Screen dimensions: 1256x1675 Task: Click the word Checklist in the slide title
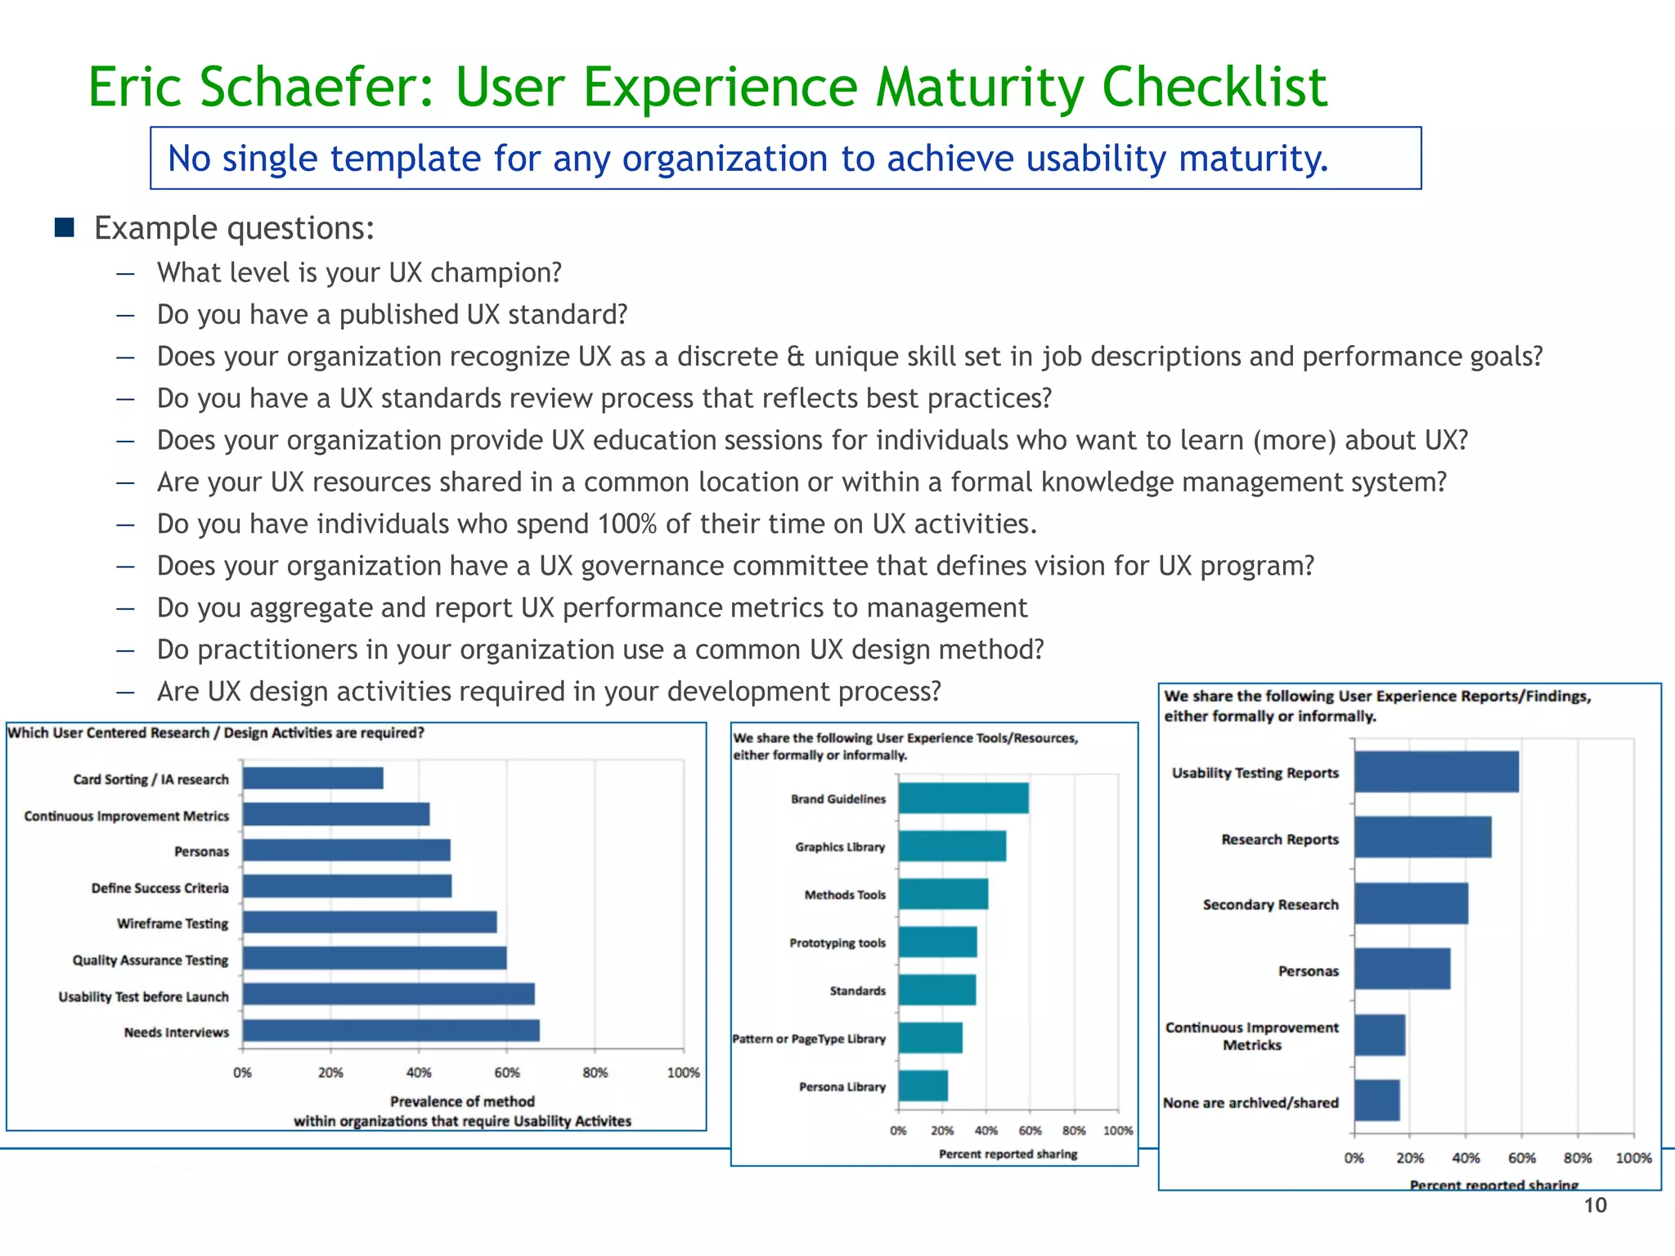point(1214,87)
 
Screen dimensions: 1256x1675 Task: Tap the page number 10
point(1595,1205)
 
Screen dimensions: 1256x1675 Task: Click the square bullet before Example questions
point(65,227)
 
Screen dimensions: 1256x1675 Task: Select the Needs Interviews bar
point(391,1030)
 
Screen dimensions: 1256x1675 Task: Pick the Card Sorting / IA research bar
point(312,778)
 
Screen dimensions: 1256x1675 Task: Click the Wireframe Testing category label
point(173,923)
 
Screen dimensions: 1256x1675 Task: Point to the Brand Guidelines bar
point(963,798)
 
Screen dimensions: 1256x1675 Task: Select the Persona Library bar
point(923,1086)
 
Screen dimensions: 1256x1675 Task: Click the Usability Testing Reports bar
point(1435,772)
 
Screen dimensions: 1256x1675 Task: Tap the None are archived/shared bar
point(1376,1101)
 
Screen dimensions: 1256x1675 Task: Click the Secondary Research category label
point(1270,904)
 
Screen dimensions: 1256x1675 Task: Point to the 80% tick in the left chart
point(595,1072)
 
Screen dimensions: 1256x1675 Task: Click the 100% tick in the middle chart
point(1117,1131)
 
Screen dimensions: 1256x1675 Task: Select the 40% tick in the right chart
point(1465,1158)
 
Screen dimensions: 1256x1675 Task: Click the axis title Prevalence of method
point(462,1101)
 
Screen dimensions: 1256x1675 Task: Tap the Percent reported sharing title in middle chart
point(1008,1154)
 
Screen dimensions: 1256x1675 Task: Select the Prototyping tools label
point(837,943)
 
